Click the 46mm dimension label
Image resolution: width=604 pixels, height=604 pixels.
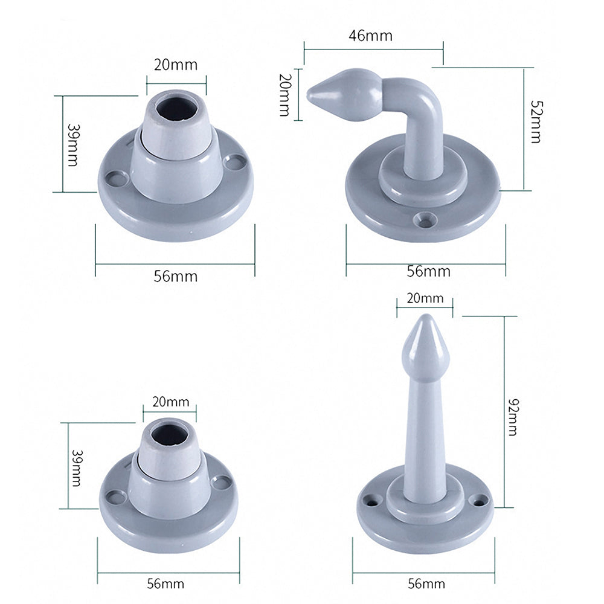371,36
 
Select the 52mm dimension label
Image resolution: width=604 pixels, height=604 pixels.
536,122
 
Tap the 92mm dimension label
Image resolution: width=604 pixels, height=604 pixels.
513,417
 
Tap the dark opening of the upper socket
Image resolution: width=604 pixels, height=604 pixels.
176,108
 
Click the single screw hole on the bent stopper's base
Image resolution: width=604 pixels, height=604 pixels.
425,220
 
